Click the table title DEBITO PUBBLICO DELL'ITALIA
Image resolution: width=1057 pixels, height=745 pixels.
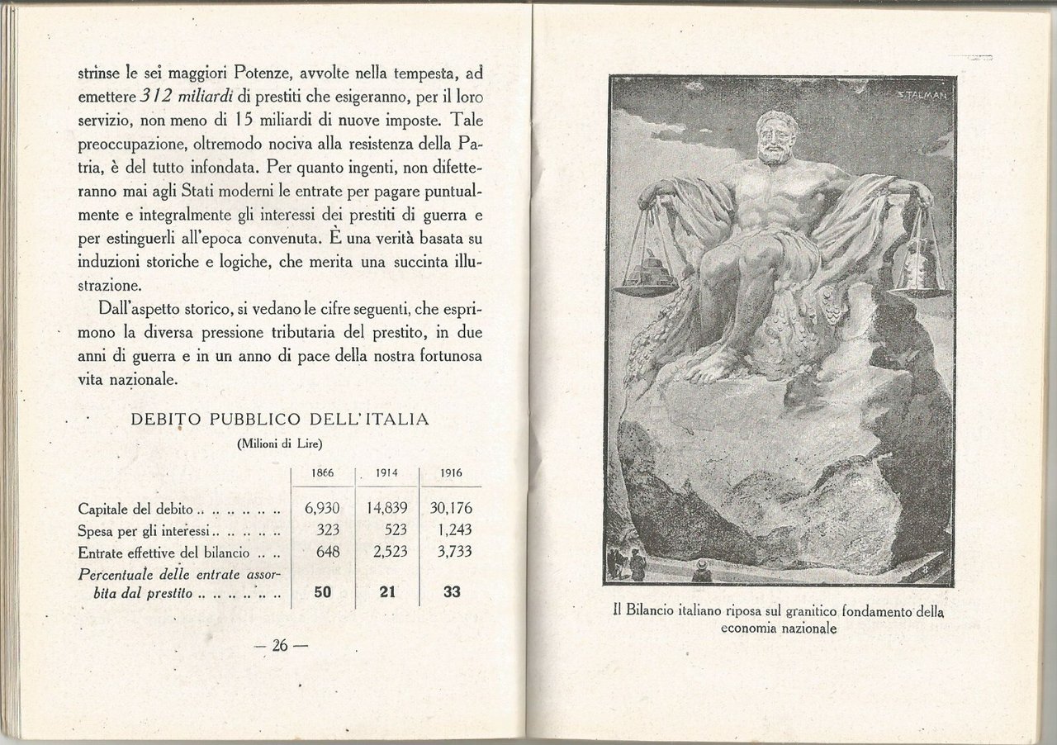(x=280, y=419)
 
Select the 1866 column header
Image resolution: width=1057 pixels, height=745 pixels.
(x=322, y=473)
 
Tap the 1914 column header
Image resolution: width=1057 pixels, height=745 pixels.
(x=387, y=473)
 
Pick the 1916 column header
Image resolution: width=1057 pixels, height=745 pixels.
(x=451, y=473)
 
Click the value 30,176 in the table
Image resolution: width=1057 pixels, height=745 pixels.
(x=451, y=508)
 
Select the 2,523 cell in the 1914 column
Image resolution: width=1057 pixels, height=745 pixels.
(x=390, y=553)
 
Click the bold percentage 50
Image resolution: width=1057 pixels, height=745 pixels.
(x=322, y=592)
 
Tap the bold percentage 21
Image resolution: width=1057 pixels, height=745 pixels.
(x=388, y=592)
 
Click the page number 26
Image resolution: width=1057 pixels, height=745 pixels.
(x=279, y=646)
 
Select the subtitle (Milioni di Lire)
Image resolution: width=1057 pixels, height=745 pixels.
(x=279, y=444)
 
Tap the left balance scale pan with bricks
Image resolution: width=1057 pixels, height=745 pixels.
(x=647, y=277)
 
